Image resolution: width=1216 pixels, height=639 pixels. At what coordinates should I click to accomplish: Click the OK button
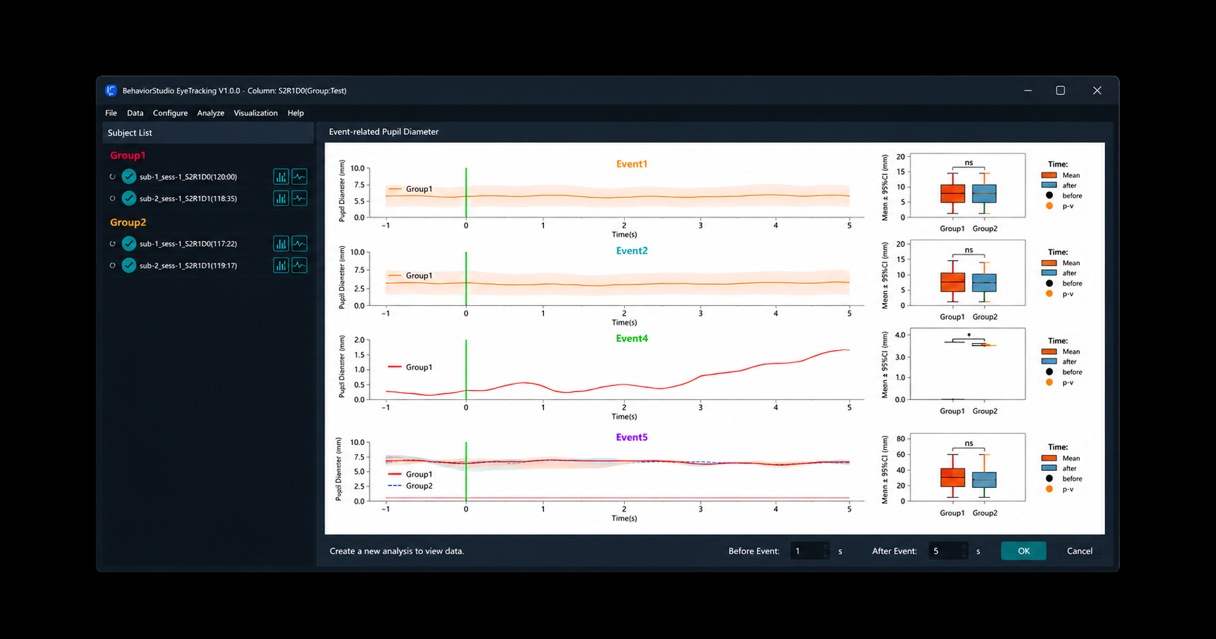pos(1023,551)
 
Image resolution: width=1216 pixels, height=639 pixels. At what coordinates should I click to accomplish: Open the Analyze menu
pos(210,113)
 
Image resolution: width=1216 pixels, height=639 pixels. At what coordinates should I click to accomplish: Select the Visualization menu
pos(255,113)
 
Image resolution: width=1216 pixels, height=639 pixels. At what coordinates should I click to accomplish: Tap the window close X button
pos(1097,91)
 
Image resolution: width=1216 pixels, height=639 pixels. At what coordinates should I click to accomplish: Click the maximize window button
pos(1060,91)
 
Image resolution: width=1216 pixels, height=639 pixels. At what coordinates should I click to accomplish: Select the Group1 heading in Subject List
pos(128,155)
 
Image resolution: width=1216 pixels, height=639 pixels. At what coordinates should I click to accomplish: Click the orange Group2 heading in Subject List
pos(128,222)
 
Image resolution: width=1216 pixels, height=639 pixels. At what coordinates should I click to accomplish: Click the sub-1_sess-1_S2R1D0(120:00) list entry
pos(188,177)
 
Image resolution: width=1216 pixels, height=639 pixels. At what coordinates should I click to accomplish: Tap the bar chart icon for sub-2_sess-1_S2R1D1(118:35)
pos(280,198)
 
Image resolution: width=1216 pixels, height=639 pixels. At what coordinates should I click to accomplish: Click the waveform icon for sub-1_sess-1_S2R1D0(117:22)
pos(299,244)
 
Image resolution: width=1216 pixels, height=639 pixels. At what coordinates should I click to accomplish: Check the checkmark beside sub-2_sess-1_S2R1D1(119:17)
pos(129,266)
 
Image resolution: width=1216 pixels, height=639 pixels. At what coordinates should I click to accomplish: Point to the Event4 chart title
pos(632,338)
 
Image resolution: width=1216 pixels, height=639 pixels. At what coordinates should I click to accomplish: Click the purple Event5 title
pos(632,437)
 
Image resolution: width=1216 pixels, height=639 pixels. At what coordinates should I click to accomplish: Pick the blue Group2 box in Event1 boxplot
pos(984,193)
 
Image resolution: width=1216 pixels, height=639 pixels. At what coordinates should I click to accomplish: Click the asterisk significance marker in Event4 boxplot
pos(969,335)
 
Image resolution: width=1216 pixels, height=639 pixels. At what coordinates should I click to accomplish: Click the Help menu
pos(295,113)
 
